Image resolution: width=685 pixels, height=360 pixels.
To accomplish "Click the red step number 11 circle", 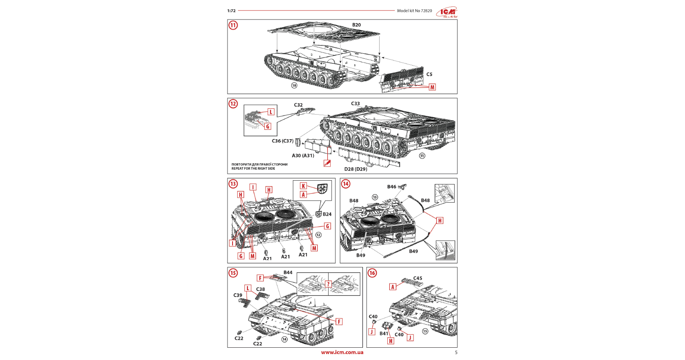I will [233, 25].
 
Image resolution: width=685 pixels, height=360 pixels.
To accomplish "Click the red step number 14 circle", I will [346, 184].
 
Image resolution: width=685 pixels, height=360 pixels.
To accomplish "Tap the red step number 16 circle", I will [372, 273].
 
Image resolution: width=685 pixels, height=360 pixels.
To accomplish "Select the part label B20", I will [356, 25].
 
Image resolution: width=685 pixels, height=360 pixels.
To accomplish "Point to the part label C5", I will [429, 74].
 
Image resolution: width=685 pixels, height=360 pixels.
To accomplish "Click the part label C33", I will [355, 104].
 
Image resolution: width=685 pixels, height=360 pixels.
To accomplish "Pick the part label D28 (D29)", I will [356, 169].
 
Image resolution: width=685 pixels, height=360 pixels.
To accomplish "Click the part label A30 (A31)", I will [303, 156].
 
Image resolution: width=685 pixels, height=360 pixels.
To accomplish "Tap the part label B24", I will [327, 214].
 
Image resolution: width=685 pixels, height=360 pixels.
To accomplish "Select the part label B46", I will [392, 187].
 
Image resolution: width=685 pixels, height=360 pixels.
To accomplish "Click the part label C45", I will [417, 278].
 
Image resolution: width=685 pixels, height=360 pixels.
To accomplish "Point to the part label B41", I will [384, 333].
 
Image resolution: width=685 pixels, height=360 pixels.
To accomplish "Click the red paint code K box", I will [303, 186].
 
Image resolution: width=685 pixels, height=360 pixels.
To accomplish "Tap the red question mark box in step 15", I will [328, 284].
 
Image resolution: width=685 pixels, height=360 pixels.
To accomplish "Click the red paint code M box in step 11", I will [432, 87].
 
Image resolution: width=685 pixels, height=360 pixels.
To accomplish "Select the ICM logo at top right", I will [447, 12].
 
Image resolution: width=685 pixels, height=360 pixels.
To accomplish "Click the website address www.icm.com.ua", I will [342, 352].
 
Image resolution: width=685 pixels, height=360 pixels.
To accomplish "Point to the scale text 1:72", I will [231, 11].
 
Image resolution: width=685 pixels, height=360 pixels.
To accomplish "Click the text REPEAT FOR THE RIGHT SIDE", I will [253, 169].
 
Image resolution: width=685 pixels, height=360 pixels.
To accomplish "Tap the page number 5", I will [456, 352].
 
